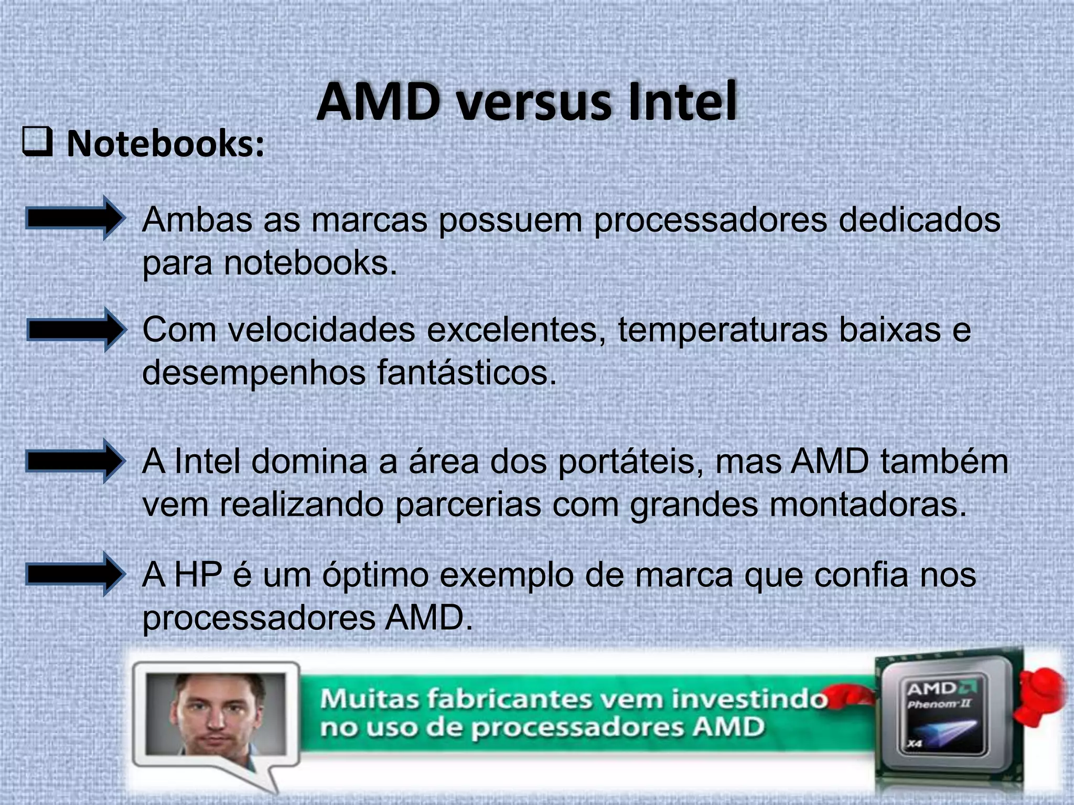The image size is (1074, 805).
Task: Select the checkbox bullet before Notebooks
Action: pos(37,143)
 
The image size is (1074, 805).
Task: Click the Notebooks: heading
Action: pos(166,144)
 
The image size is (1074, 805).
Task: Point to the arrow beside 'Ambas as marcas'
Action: pos(75,218)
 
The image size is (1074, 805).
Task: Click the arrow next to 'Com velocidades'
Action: pos(77,330)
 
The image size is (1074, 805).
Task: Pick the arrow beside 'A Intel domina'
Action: pos(76,461)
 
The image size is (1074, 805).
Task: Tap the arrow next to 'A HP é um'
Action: pos(76,574)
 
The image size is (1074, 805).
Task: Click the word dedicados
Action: pos(919,220)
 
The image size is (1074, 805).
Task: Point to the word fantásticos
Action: pos(466,373)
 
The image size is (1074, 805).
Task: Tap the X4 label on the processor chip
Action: pos(915,744)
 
